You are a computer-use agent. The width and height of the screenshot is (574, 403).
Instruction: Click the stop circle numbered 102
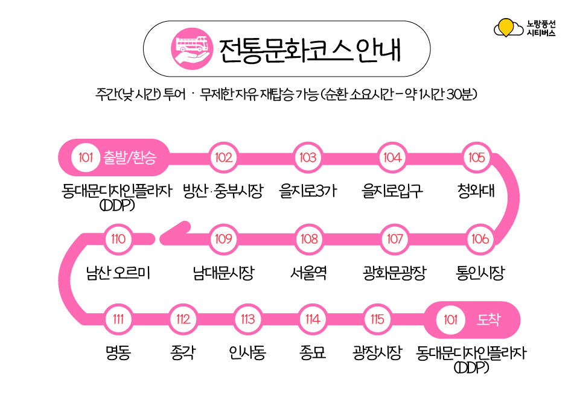point(223,157)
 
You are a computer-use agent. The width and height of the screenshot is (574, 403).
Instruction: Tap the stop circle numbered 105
point(476,157)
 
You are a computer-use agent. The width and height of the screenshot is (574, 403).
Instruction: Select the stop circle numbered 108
point(309,239)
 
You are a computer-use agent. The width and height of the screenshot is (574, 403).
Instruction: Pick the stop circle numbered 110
point(118,239)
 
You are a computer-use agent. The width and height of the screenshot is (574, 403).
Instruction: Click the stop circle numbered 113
point(248,320)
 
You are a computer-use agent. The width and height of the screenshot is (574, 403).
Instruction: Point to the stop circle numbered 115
point(377,320)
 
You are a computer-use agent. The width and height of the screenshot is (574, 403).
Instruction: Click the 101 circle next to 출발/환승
point(85,157)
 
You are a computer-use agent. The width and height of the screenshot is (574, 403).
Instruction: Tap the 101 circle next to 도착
point(451,320)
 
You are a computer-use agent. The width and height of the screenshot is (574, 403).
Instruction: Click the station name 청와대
point(476,191)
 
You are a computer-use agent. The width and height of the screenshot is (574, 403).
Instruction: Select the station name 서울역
point(308,273)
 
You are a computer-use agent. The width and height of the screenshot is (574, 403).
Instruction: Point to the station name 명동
point(118,353)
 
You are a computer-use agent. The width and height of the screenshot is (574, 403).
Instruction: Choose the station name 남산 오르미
point(118,273)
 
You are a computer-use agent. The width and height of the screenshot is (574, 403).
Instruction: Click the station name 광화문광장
point(394,273)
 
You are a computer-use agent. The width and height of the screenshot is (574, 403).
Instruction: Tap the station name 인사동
point(247,353)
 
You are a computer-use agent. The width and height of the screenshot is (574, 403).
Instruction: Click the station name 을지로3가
point(308,191)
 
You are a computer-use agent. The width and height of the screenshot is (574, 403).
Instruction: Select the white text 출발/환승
point(130,157)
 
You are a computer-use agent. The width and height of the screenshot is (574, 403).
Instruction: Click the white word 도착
point(489,320)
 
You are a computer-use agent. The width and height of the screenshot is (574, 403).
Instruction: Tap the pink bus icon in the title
point(192,49)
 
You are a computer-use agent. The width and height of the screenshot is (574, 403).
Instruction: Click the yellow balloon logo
point(507,28)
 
